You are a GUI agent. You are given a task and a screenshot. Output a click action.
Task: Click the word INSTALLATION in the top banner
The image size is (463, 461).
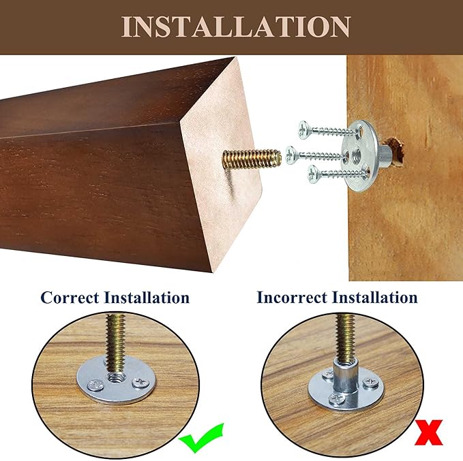(236, 27)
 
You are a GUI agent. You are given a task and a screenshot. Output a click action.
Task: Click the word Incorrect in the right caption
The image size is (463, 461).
(293, 297)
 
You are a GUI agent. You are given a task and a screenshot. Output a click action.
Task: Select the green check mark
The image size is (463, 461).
(201, 438)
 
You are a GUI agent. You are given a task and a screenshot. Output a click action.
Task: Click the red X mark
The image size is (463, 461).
(429, 432)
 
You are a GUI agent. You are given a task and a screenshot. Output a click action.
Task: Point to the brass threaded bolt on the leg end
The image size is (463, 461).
(252, 159)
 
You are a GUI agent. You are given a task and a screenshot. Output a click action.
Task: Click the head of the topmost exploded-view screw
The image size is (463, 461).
(304, 129)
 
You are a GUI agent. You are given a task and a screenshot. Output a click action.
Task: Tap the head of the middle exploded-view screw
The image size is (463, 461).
(291, 155)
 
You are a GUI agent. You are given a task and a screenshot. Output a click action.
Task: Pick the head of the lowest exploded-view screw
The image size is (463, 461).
(314, 174)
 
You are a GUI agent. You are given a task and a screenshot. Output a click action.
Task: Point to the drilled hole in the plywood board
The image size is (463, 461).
(395, 150)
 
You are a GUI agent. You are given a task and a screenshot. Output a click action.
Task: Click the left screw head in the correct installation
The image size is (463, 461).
(95, 385)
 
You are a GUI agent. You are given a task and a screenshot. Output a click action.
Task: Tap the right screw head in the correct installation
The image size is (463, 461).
(140, 383)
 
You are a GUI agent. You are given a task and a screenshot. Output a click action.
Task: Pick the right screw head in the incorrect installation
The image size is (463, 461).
(370, 383)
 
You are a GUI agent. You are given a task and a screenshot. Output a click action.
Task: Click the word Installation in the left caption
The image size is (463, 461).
(147, 298)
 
